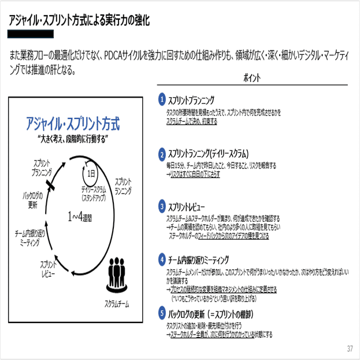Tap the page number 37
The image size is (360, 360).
(350, 348)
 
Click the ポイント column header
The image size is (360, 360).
(253, 77)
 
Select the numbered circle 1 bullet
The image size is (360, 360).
(163, 99)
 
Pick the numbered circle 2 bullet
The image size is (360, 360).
(163, 154)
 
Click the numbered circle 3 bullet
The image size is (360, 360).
(163, 206)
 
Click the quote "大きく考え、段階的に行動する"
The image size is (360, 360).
(73, 139)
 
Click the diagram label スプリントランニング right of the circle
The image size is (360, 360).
(124, 185)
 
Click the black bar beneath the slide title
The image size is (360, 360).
(32, 35)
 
